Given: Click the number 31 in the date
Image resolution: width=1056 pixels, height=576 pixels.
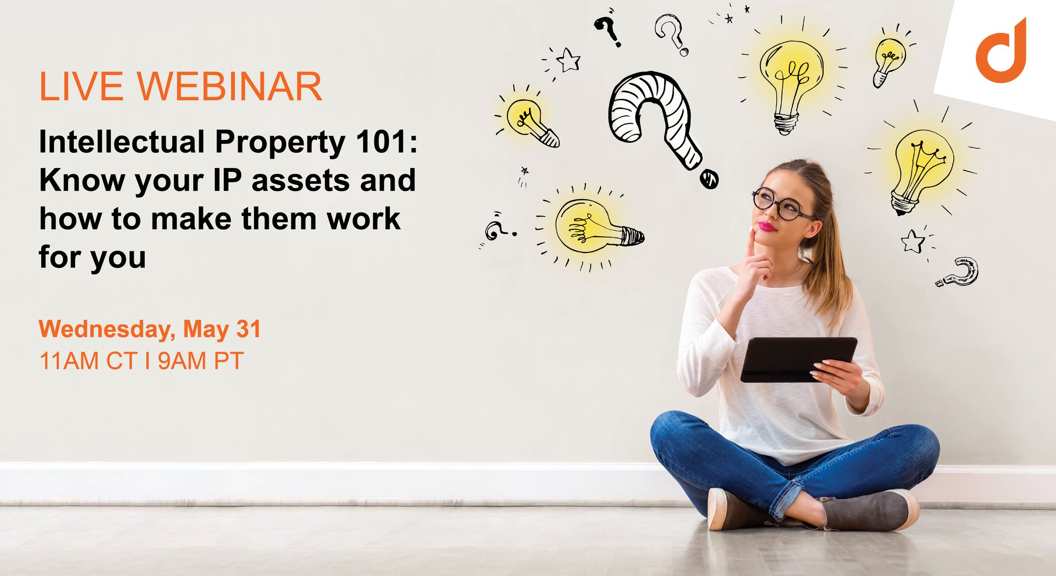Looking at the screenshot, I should click(249, 329).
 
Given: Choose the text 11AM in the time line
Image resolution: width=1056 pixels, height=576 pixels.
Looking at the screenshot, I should click(69, 361).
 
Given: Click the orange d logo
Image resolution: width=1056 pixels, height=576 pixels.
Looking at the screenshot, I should click(1001, 53).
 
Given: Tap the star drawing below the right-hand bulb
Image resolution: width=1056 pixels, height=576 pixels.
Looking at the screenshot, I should click(913, 241).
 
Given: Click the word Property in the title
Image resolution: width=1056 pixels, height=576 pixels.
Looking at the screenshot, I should click(280, 143).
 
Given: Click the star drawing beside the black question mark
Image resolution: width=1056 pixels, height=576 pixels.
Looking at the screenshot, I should click(569, 60).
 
